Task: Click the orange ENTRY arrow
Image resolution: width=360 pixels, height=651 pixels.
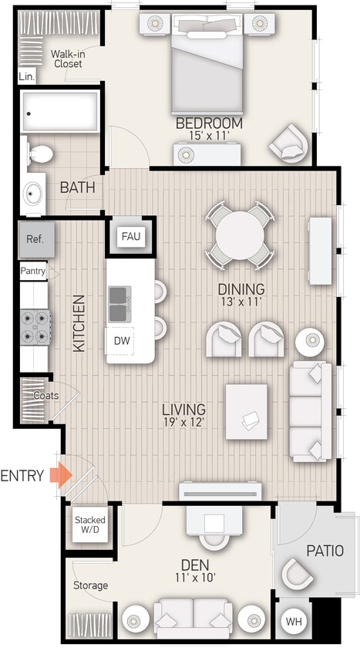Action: (59, 475)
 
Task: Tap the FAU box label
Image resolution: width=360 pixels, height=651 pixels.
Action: (130, 236)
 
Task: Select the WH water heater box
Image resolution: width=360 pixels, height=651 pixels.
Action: (294, 620)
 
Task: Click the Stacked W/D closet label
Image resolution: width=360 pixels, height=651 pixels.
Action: (90, 525)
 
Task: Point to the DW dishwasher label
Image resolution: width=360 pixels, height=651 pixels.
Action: (122, 340)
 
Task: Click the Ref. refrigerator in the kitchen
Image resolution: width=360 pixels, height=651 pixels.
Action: (35, 239)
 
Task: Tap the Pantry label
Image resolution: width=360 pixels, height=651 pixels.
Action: (33, 272)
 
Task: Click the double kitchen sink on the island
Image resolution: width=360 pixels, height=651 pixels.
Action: (119, 303)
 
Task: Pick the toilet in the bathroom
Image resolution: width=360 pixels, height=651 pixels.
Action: (40, 154)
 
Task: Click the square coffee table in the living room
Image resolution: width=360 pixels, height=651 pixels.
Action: (247, 412)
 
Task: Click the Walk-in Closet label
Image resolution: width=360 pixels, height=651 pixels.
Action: (67, 59)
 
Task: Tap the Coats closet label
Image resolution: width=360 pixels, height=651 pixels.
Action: (45, 396)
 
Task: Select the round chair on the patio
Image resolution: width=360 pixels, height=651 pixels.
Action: (297, 575)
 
